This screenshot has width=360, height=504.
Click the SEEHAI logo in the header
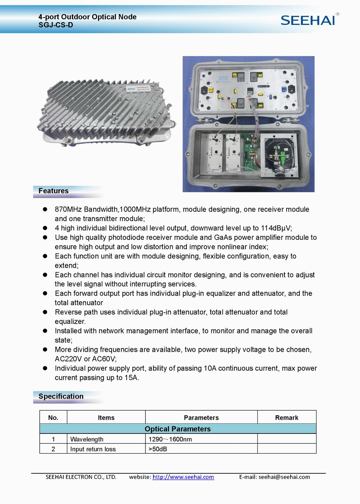pos(308,20)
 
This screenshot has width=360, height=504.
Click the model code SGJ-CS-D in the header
pos(56,25)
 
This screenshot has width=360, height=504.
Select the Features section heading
pos(54,191)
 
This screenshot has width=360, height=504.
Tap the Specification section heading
pos(61,396)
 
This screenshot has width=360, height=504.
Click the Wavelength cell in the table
pos(87,439)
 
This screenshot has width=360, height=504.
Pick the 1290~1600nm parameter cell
pos(170,439)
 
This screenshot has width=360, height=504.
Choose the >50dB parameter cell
pos(158,449)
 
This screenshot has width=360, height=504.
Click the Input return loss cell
pos(93,449)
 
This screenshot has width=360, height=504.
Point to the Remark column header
pos(287,418)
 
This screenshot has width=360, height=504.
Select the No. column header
pos(53,418)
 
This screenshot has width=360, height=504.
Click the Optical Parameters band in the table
pos(178,429)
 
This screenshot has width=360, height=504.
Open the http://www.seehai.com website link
pos(183,477)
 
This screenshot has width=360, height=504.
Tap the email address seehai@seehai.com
pos(284,477)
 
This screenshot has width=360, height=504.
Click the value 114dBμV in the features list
pos(276,228)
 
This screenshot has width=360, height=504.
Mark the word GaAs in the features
pos(222,238)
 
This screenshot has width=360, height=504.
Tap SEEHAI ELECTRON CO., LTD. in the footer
pos(81,477)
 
